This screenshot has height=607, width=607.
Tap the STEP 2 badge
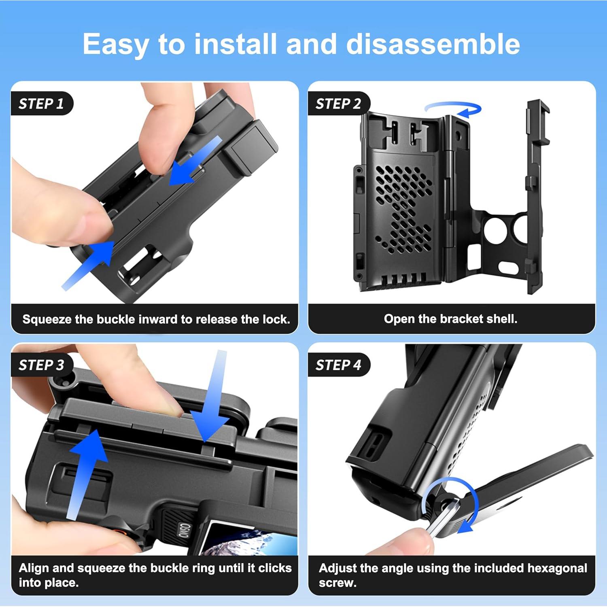338,104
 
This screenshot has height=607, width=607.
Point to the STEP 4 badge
338,365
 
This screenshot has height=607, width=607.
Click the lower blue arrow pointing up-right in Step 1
91,263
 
